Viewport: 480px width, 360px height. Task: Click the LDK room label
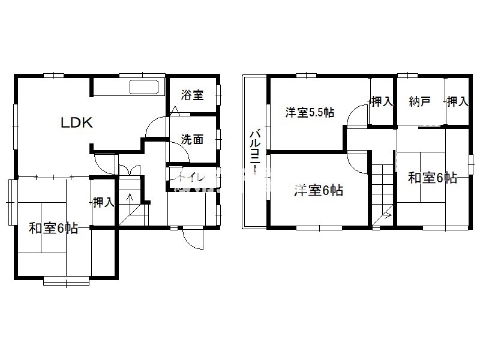pyautogui.click(x=76, y=123)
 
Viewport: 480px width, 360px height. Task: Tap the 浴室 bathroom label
pyautogui.click(x=193, y=95)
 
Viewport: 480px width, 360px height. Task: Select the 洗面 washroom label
pyautogui.click(x=193, y=139)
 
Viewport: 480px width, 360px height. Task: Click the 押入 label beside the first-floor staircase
pyautogui.click(x=103, y=202)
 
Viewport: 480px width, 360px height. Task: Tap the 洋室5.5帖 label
pyautogui.click(x=310, y=112)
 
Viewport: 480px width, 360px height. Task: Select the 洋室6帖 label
pyautogui.click(x=319, y=191)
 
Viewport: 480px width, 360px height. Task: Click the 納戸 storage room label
pyautogui.click(x=420, y=101)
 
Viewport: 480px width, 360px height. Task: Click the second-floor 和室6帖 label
pyautogui.click(x=433, y=178)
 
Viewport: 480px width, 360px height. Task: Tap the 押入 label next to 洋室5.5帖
pyautogui.click(x=382, y=101)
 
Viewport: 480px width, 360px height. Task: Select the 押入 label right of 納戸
pyautogui.click(x=457, y=101)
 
